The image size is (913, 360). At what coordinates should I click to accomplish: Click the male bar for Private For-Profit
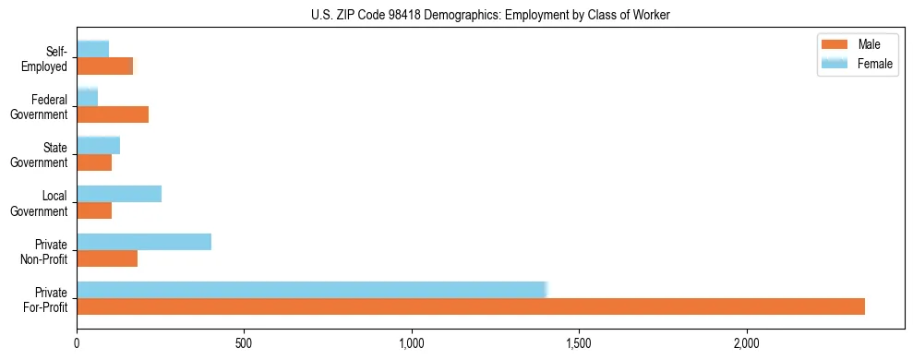(471, 306)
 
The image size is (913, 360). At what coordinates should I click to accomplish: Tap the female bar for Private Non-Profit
(144, 242)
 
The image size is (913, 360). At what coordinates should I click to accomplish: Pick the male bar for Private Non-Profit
(107, 258)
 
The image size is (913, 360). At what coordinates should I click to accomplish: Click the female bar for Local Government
(119, 194)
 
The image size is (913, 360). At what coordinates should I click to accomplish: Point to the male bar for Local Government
(94, 210)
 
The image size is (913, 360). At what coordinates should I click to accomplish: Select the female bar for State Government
(98, 145)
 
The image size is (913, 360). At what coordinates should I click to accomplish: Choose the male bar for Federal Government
(113, 114)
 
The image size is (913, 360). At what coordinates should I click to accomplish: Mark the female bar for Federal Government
(87, 97)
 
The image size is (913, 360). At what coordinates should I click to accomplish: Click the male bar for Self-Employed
(104, 66)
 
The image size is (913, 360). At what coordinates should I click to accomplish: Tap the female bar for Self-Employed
(92, 49)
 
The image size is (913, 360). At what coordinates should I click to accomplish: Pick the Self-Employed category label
(48, 59)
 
